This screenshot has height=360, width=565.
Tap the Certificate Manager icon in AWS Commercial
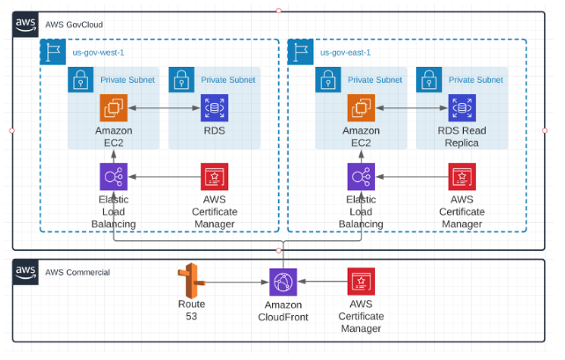click(x=361, y=283)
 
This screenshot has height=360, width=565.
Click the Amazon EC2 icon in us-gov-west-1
click(x=114, y=109)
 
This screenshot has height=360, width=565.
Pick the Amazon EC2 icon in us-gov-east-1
click(x=361, y=109)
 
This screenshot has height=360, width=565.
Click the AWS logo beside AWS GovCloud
click(x=25, y=25)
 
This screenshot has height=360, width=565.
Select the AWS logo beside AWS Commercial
click(x=25, y=272)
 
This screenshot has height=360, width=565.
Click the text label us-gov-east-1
click(x=345, y=53)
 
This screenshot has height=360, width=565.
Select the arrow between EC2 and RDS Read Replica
click(x=411, y=109)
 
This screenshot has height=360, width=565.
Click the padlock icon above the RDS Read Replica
click(x=429, y=79)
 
